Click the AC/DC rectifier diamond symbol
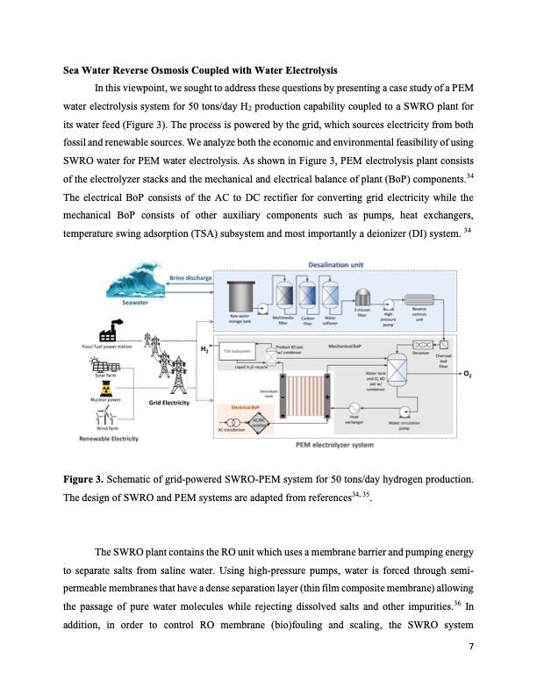pos(257,421)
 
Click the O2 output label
pos(467,375)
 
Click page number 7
pos(471,647)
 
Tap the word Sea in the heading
pos(72,70)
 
